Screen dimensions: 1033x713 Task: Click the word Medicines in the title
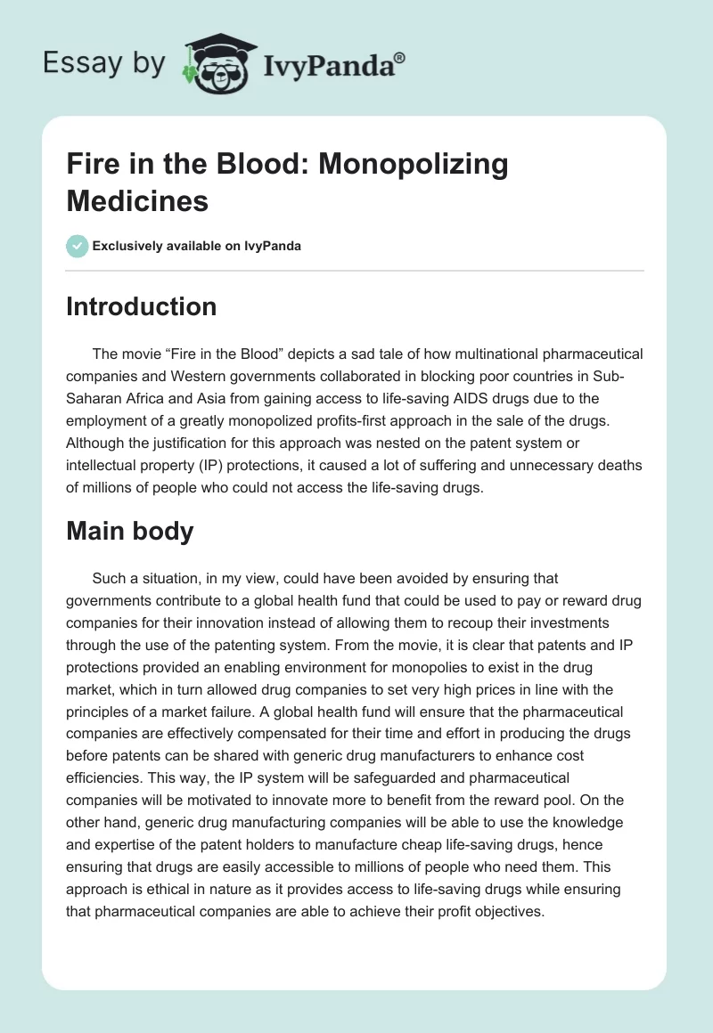(x=137, y=200)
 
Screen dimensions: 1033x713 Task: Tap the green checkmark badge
(x=78, y=246)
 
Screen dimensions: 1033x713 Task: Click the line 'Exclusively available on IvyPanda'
(x=197, y=246)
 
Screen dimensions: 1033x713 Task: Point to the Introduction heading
(x=142, y=306)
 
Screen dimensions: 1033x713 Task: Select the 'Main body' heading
(x=130, y=531)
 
